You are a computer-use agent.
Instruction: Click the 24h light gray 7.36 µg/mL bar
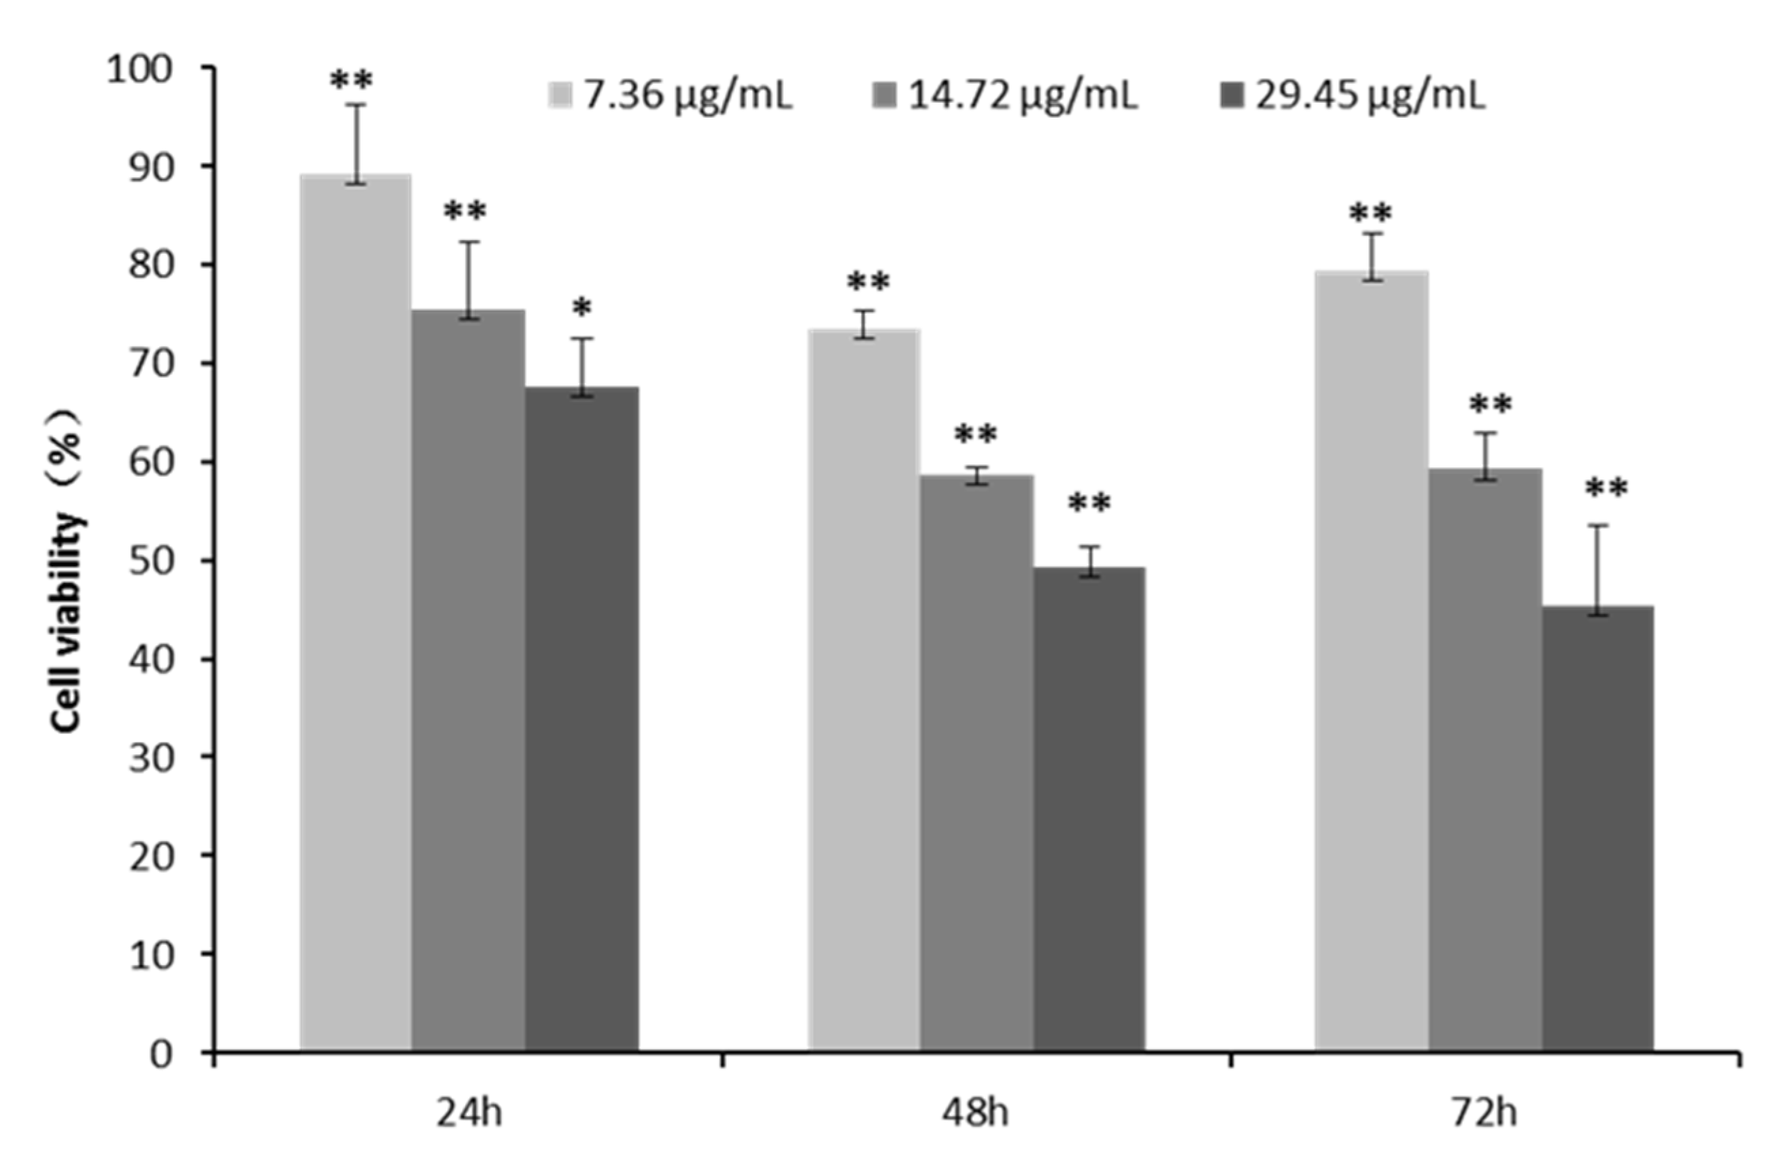coord(356,613)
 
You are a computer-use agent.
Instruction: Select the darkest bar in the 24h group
coord(581,718)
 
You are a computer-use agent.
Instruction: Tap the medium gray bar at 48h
coord(977,763)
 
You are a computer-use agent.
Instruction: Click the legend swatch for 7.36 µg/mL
coord(560,96)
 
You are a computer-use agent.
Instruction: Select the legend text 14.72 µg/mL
coord(1023,96)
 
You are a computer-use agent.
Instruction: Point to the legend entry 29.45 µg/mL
coord(1370,96)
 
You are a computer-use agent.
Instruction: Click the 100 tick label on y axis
coord(140,70)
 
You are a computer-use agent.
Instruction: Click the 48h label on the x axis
coord(975,1113)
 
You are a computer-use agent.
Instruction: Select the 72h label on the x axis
coord(1484,1113)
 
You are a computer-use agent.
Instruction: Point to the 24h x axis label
coord(469,1113)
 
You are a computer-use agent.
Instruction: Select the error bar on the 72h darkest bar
coord(1597,569)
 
